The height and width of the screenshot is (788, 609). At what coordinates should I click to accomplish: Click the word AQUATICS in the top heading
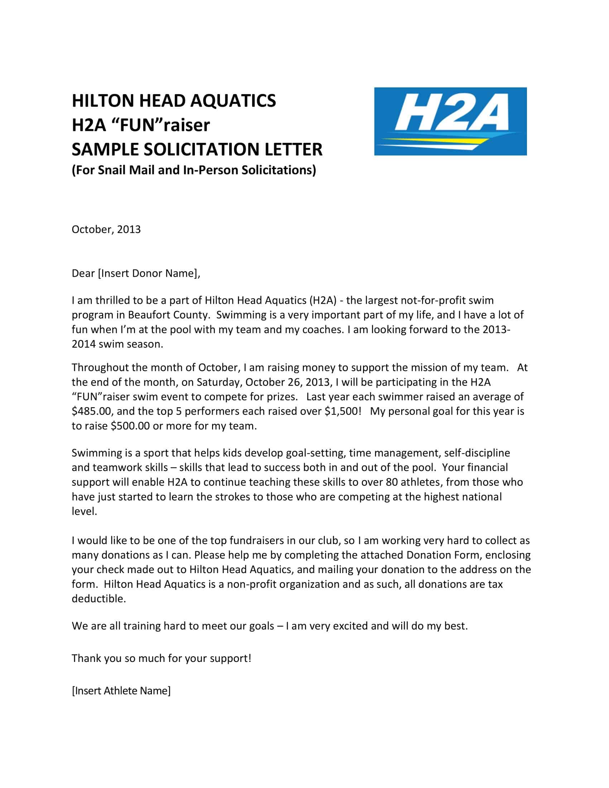tap(233, 101)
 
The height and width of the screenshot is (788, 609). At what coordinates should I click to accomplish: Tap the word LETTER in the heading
tap(293, 149)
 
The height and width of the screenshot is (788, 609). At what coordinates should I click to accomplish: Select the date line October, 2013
tap(106, 230)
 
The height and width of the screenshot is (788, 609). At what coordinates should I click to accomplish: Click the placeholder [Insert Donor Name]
tap(148, 274)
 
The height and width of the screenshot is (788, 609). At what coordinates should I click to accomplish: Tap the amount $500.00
tap(130, 426)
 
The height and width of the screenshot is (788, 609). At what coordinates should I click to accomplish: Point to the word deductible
tap(99, 599)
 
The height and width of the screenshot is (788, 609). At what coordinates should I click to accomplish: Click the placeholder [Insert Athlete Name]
tap(121, 691)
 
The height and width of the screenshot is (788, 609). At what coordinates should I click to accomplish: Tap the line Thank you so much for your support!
tap(161, 658)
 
